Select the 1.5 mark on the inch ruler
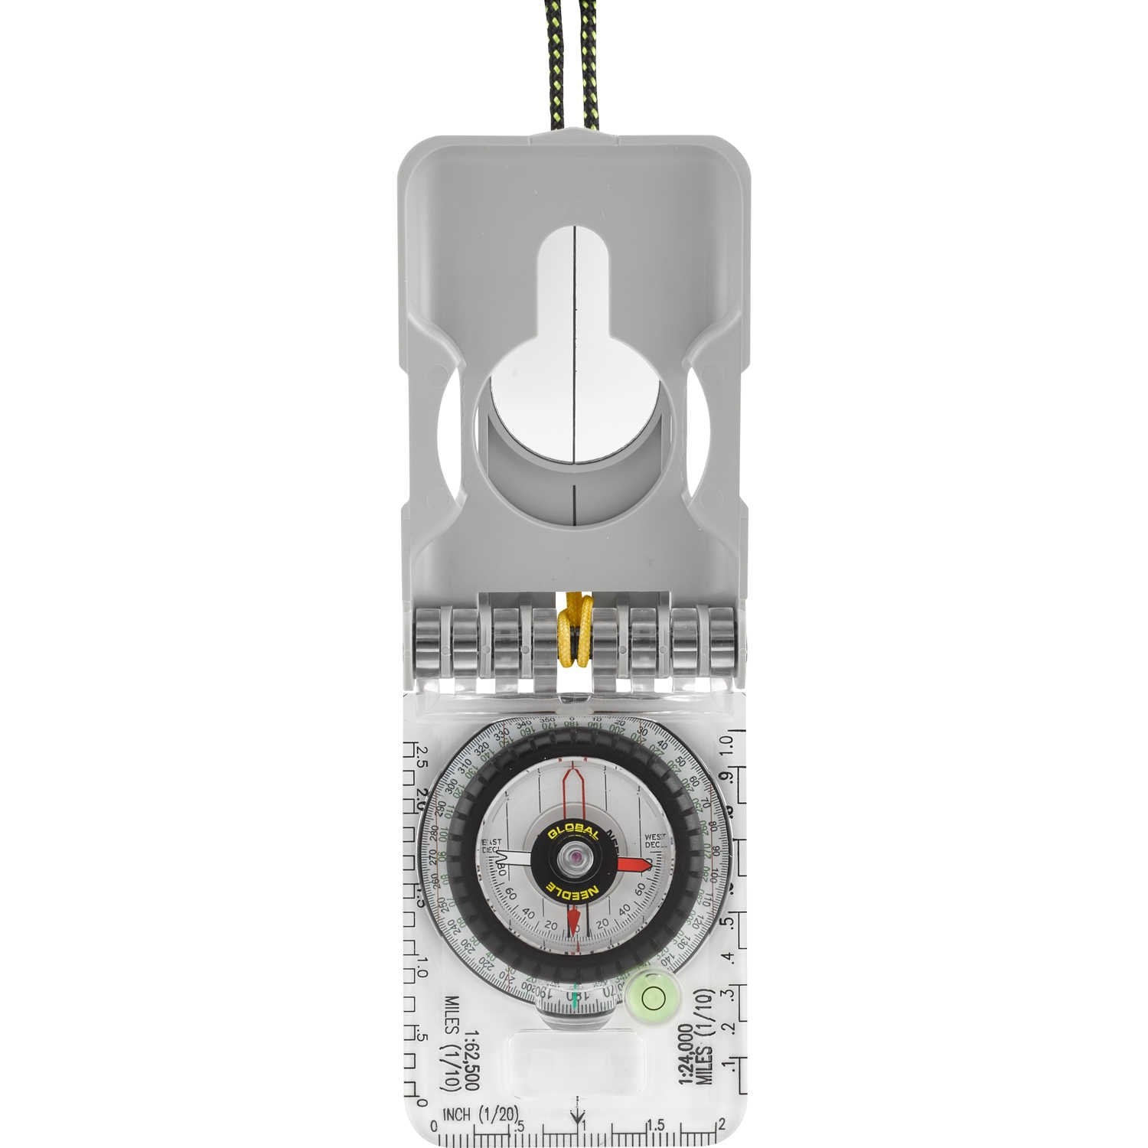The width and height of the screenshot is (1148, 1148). (x=656, y=1124)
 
